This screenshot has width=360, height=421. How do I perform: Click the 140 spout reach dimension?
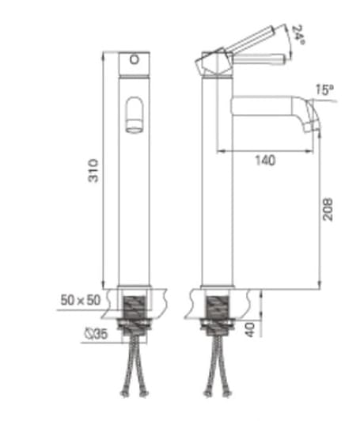265,161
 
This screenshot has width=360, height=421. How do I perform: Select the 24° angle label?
297,34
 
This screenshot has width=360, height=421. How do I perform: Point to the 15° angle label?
323,90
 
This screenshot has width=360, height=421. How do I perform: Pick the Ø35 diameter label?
97,334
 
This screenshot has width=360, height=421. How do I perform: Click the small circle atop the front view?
134,60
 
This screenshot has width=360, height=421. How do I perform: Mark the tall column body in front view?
134,206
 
